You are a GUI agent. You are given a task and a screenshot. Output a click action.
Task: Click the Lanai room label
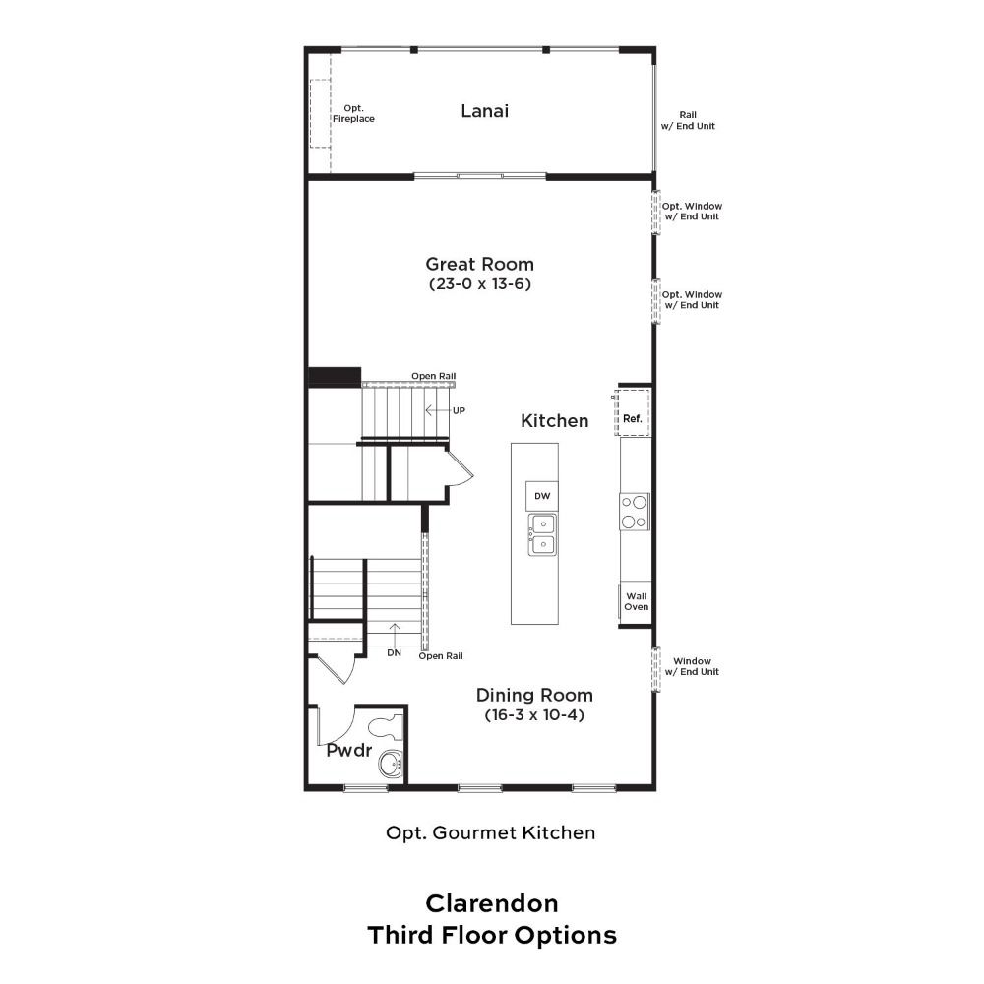[x=484, y=111]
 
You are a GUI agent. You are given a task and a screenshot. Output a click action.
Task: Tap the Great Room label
[x=479, y=264]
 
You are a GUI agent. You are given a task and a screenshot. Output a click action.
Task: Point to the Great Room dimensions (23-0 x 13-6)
[x=479, y=284]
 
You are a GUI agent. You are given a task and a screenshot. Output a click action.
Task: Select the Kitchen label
[x=555, y=420]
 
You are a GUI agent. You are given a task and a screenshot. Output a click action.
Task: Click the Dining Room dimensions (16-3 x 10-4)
[x=534, y=714]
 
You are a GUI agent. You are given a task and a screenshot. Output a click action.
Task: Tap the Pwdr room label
[x=349, y=750]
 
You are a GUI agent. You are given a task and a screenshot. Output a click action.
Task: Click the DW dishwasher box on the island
[x=542, y=496]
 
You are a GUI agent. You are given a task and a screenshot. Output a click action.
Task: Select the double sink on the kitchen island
[x=542, y=534]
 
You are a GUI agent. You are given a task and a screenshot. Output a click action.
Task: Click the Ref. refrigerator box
[x=633, y=412]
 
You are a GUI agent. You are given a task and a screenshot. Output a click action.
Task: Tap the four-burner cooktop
[x=635, y=512]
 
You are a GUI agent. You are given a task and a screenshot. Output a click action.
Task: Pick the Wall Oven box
[x=635, y=602]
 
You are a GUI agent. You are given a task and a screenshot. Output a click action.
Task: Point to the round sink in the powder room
[x=391, y=765]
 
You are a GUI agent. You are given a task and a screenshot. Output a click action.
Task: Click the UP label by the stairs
[x=459, y=410]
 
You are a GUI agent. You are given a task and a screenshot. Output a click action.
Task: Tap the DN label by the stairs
[x=395, y=652]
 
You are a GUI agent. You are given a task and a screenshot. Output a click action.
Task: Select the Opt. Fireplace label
[x=353, y=113]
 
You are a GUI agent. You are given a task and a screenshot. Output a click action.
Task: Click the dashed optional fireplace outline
[x=320, y=113]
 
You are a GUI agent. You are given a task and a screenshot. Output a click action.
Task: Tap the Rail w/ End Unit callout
[x=688, y=120]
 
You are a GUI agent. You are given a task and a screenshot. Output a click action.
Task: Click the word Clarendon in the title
[x=492, y=903]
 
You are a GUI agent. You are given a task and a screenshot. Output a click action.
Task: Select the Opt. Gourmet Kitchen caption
[x=491, y=832]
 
